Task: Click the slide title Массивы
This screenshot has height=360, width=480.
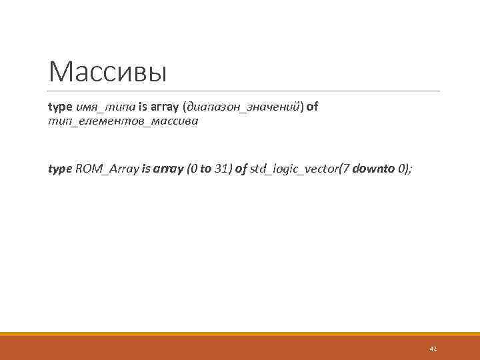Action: coord(107,72)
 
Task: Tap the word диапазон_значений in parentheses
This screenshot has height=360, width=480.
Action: coord(245,107)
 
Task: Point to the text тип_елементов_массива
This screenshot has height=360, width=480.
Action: coord(123,122)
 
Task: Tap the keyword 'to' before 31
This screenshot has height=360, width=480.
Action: coord(205,169)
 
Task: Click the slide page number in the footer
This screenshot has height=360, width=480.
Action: coord(433,348)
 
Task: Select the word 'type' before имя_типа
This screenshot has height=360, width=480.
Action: coord(60,107)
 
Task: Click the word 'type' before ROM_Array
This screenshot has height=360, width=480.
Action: coord(60,169)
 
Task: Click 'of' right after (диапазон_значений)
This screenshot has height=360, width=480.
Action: coord(312,107)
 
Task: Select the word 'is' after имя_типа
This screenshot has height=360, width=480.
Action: coord(143,107)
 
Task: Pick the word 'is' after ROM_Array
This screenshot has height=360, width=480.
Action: coord(146,169)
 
